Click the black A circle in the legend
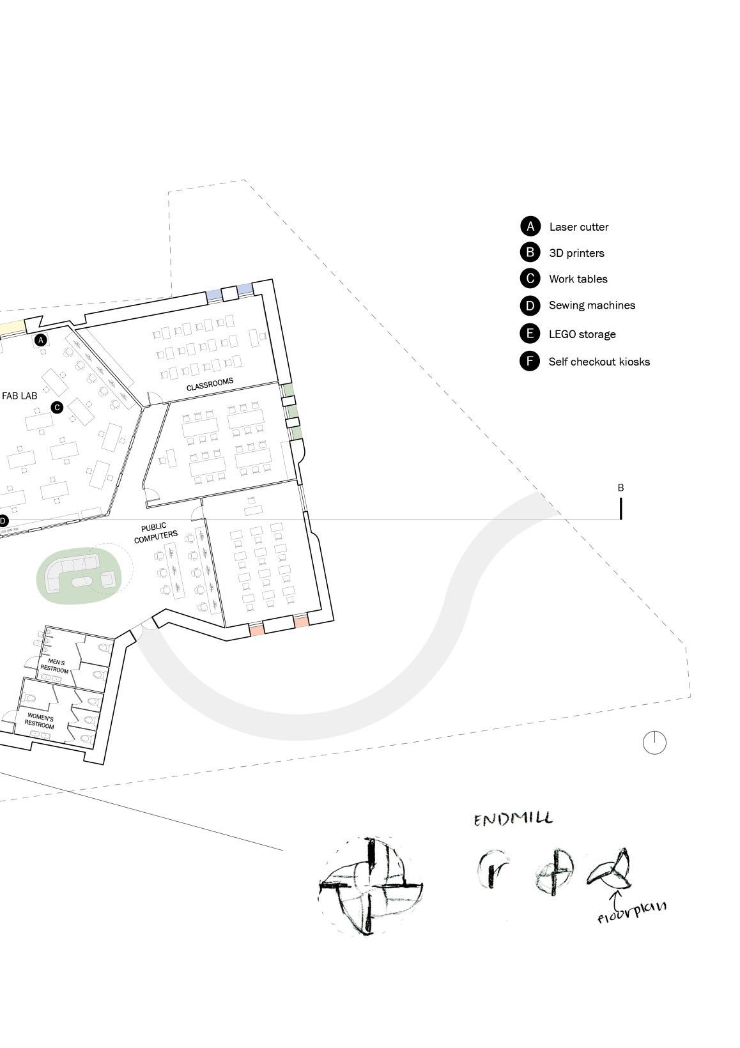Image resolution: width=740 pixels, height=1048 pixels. (x=530, y=226)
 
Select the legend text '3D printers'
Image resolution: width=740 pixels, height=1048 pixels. (x=576, y=253)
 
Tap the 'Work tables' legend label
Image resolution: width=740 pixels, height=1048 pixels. (x=578, y=279)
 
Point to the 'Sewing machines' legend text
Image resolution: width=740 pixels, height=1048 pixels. (x=592, y=305)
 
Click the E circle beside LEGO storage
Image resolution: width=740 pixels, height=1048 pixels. (x=530, y=334)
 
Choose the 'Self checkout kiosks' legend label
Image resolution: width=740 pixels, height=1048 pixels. (x=599, y=362)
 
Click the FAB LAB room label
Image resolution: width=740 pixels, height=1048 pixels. (x=20, y=396)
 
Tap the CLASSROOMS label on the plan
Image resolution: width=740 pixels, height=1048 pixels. (x=210, y=384)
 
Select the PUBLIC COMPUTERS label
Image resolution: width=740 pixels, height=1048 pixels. (x=155, y=533)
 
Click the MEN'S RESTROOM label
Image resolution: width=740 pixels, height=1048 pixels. (x=55, y=666)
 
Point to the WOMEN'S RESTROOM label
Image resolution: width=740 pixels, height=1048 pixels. (x=40, y=721)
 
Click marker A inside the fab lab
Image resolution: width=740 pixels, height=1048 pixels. (x=42, y=340)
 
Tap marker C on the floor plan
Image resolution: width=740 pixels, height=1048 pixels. (x=57, y=407)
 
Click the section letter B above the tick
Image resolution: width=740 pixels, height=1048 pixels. (x=621, y=488)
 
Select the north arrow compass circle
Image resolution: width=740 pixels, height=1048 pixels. (x=654, y=743)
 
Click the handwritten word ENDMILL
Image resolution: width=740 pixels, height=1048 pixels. (x=513, y=819)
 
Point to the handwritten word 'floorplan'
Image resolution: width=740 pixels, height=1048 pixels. (x=631, y=911)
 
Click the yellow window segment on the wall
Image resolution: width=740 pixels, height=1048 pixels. (x=12, y=327)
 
